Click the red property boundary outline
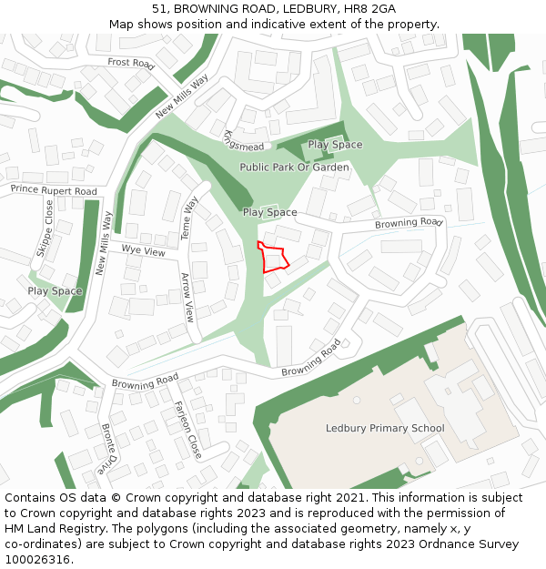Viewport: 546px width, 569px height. tap(273, 258)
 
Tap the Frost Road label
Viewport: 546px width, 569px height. tap(131, 63)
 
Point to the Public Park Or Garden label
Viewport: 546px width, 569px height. tap(294, 168)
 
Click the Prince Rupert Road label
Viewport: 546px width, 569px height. tap(54, 190)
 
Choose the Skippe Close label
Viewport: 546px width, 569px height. tap(44, 230)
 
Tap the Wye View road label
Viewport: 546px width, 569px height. tap(144, 249)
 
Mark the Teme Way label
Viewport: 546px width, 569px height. tap(190, 218)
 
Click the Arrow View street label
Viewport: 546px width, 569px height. tap(187, 298)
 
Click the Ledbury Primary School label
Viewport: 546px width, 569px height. tap(385, 428)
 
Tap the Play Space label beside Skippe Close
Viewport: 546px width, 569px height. tap(55, 291)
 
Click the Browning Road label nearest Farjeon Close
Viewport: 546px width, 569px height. tap(145, 381)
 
